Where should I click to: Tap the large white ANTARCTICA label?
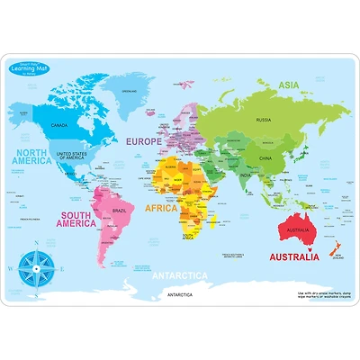coord(179,275)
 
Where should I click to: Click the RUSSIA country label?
coord(264,120)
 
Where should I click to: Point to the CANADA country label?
coord(60,125)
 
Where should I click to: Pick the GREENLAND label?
coord(133,91)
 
